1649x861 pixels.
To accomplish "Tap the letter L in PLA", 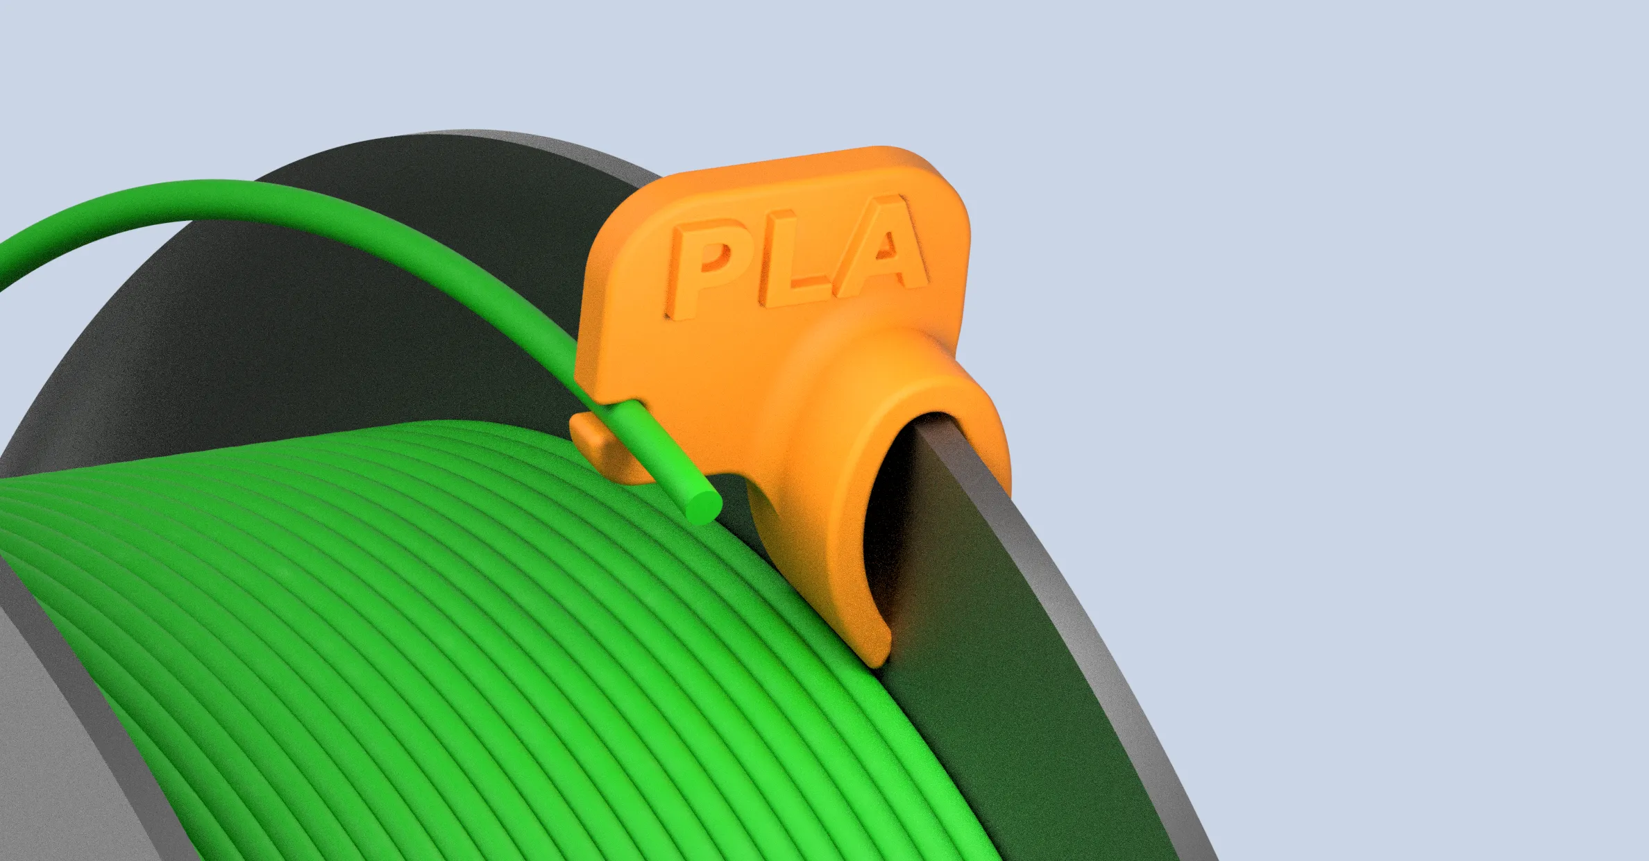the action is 798,257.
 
